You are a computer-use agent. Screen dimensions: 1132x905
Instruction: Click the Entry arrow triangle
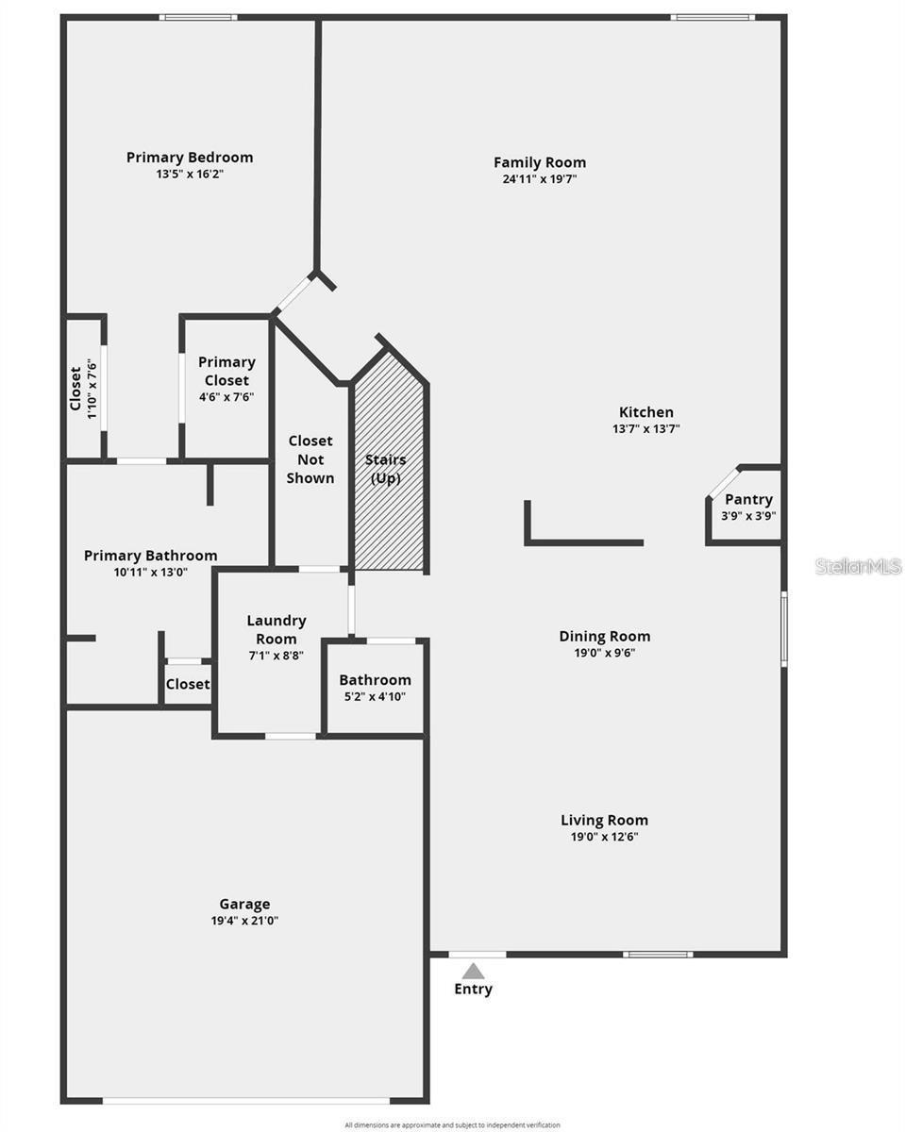(473, 971)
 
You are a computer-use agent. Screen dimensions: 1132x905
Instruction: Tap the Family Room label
(539, 162)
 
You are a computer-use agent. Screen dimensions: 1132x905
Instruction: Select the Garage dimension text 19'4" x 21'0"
(244, 921)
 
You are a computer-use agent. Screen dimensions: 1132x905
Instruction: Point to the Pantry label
(748, 499)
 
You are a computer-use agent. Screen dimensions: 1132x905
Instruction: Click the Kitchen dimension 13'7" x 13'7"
(645, 428)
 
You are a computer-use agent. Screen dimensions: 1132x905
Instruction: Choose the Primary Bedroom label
(190, 158)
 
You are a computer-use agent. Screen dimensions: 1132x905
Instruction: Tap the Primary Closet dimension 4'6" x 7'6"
(226, 397)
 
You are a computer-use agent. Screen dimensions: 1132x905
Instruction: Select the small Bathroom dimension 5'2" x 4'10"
(375, 697)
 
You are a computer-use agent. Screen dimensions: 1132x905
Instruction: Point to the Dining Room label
(604, 636)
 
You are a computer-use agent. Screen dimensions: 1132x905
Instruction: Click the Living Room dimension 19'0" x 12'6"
(604, 837)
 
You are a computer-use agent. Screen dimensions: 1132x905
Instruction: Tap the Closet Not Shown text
(310, 459)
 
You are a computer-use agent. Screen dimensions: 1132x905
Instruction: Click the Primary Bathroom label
(150, 556)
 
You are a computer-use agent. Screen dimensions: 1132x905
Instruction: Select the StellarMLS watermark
(858, 566)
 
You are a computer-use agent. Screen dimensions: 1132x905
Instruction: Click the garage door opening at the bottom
(245, 1100)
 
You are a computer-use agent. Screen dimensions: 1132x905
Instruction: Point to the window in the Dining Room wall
(783, 628)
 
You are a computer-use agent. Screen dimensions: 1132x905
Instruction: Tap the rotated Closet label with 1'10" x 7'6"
(83, 389)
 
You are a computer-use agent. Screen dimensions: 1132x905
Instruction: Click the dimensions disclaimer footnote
(452, 1124)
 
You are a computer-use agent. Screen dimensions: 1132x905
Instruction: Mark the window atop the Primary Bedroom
(197, 17)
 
